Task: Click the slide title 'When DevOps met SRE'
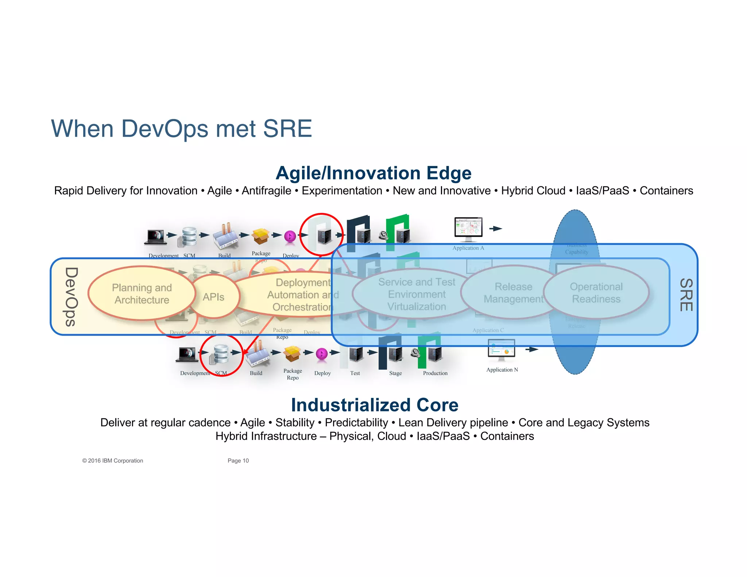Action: coord(181,129)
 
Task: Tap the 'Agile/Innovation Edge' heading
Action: coord(373,173)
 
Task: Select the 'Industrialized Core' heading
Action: coord(375,405)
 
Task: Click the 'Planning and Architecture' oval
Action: coord(142,294)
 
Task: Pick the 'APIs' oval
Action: coord(214,297)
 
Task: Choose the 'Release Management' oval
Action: coord(513,293)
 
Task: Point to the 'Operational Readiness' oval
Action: coord(596,293)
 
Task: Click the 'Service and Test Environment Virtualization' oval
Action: coord(417,294)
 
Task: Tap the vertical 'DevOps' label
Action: coord(71,297)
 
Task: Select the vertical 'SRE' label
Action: coord(686,295)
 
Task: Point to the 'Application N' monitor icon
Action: coord(502,349)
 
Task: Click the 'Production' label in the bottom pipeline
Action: coord(435,373)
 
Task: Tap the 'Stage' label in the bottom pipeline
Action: coord(395,373)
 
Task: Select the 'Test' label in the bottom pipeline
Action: coord(355,373)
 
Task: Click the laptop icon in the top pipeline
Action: coord(156,237)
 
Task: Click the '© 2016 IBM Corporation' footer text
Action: coord(113,461)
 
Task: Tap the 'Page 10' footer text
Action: coord(238,461)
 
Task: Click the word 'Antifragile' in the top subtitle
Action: coord(266,191)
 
